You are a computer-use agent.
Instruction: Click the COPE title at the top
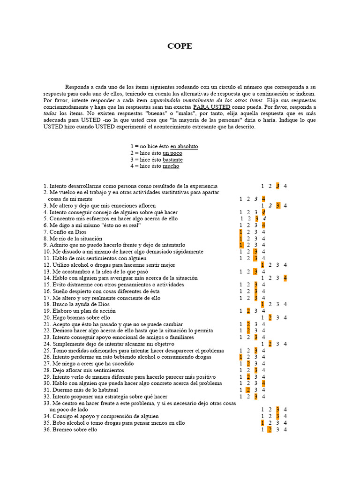click(180, 46)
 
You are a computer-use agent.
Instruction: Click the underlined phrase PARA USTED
click(211, 106)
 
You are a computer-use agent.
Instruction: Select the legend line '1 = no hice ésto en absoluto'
click(164, 146)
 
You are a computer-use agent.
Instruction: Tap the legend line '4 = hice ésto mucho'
click(155, 166)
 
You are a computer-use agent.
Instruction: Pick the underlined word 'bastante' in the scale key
click(172, 159)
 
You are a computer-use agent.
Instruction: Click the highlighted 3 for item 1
click(278, 186)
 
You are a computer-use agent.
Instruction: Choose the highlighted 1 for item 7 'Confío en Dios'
click(241, 232)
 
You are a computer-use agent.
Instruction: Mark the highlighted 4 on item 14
click(285, 278)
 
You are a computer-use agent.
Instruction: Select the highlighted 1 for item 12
click(263, 265)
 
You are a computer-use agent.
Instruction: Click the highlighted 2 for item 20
click(270, 317)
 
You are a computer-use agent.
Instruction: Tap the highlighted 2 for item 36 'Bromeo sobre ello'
click(270, 429)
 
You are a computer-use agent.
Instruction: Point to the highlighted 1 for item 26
click(241, 357)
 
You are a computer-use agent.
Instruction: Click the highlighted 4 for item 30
click(263, 383)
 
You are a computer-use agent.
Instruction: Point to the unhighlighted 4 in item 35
click(285, 423)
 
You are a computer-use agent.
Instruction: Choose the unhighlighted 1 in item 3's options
click(263, 205)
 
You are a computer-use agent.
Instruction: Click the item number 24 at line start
click(47, 344)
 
